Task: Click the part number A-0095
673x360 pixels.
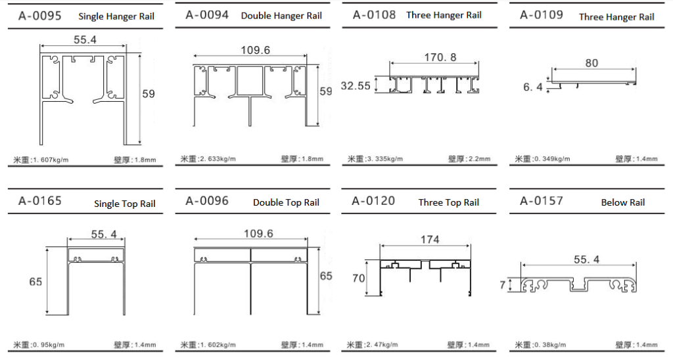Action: pos(40,16)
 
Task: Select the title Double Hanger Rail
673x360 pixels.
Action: pos(281,16)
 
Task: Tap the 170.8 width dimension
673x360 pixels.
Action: pos(440,57)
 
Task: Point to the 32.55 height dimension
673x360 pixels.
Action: pos(356,86)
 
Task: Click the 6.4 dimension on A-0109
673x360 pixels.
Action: pos(532,87)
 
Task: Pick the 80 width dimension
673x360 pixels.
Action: pos(592,63)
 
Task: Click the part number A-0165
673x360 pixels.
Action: pos(40,201)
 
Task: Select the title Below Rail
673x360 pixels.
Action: pos(623,202)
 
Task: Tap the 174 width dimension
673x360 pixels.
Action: pos(430,239)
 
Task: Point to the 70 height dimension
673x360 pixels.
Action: pos(358,279)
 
